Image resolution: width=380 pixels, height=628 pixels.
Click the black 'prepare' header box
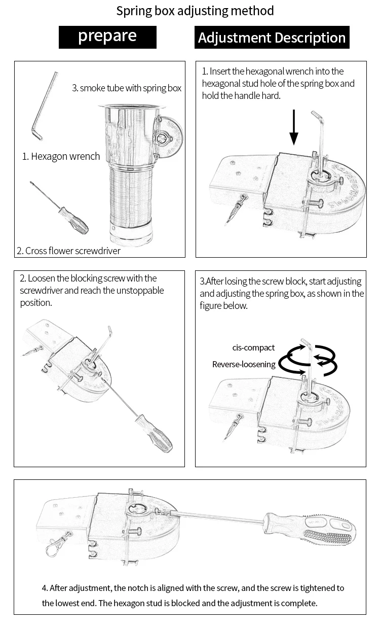coord(107,37)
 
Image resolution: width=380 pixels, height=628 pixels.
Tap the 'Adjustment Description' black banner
coord(272,38)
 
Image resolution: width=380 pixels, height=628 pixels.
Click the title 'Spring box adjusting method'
coord(195,11)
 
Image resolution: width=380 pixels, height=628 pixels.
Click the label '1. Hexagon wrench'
coord(61,156)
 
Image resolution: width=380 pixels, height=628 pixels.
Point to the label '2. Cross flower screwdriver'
coord(68,250)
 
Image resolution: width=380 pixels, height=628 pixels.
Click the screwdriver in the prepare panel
coord(61,208)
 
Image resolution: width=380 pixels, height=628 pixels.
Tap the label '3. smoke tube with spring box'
coord(127,88)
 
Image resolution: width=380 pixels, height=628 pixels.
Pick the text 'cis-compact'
coord(253,347)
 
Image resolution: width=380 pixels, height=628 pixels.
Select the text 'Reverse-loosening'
coord(244,364)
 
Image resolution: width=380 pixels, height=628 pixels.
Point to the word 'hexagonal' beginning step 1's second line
coord(221,83)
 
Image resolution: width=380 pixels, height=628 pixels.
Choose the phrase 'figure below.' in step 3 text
coord(223,306)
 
